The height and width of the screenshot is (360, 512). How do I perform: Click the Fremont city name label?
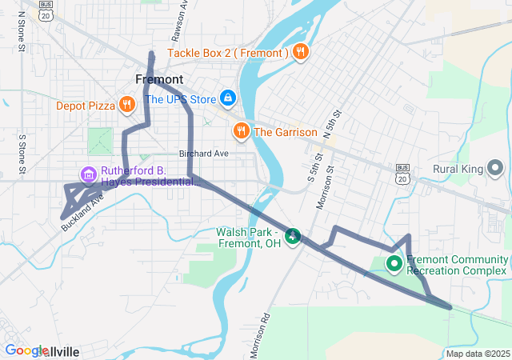159,79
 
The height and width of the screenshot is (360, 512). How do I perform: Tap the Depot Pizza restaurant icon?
126,105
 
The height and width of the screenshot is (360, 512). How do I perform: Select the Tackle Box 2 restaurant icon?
300,53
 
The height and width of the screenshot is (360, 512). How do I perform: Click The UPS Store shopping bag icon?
228,98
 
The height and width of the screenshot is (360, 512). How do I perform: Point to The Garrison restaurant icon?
240,131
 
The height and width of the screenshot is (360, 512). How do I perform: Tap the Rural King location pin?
495,168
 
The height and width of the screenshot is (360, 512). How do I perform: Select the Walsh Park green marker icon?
294,235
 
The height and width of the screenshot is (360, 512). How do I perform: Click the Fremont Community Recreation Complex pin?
394,263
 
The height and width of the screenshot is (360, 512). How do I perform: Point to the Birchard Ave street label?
203,154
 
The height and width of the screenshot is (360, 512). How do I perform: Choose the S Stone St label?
22,154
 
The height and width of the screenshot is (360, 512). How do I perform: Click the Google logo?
26,350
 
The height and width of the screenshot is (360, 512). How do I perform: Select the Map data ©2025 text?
478,354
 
